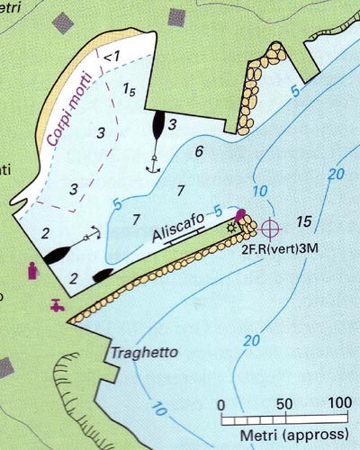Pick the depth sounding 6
click(199, 151)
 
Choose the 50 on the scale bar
click(285, 402)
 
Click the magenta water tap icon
click(58, 304)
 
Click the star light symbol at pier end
click(231, 228)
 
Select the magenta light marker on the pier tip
click(240, 216)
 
